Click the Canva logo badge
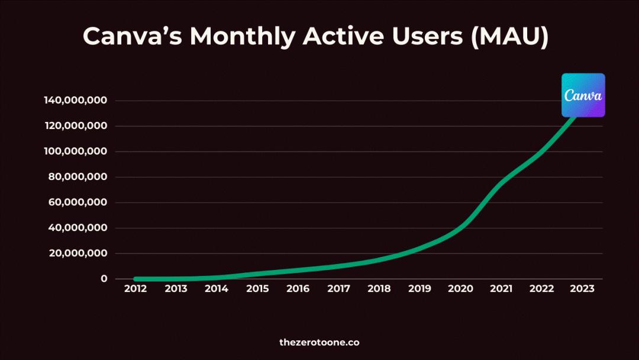click(583, 95)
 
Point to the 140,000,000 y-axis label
click(75, 101)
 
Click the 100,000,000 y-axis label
click(75, 152)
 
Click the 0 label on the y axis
click(104, 279)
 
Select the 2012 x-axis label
click(135, 289)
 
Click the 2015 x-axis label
click(257, 289)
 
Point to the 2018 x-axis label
click(379, 289)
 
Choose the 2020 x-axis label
click(460, 289)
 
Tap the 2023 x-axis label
click(582, 289)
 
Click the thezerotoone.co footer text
click(319, 342)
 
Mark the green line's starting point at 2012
click(136, 279)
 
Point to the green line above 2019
click(420, 248)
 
